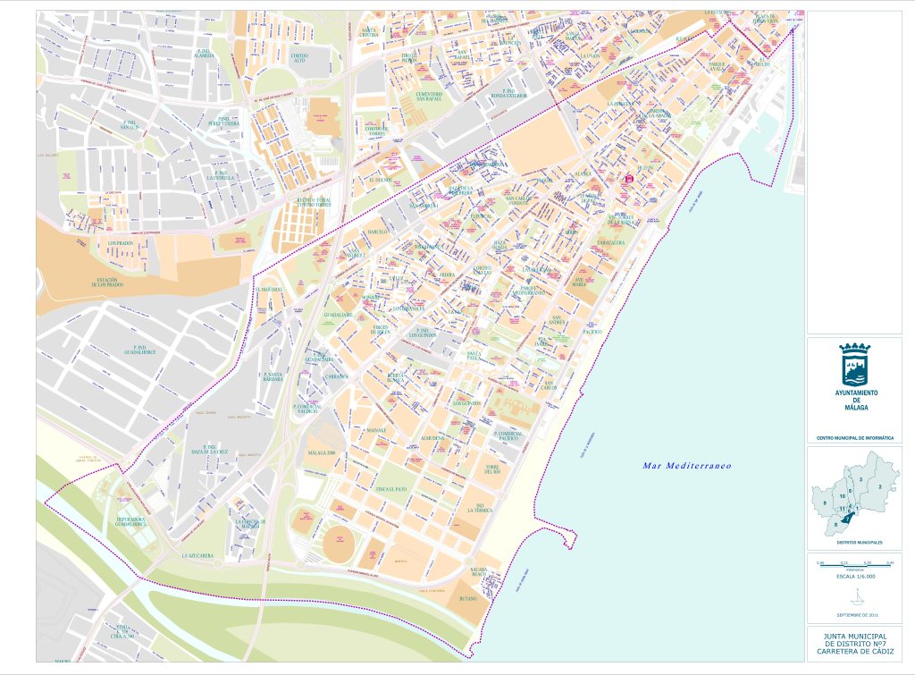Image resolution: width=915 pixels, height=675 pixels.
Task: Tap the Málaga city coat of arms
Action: [854, 365]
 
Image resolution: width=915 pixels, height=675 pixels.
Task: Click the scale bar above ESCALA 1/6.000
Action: [854, 565]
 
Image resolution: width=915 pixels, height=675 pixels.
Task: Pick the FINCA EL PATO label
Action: [391, 489]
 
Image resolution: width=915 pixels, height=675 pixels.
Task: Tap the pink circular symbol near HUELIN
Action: [628, 179]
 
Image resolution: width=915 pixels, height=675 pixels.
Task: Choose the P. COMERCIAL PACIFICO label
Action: [513, 436]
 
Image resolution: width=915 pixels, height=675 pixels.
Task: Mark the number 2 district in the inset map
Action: [880, 486]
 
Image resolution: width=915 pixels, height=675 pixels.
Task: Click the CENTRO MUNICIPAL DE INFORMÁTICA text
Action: [854, 438]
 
